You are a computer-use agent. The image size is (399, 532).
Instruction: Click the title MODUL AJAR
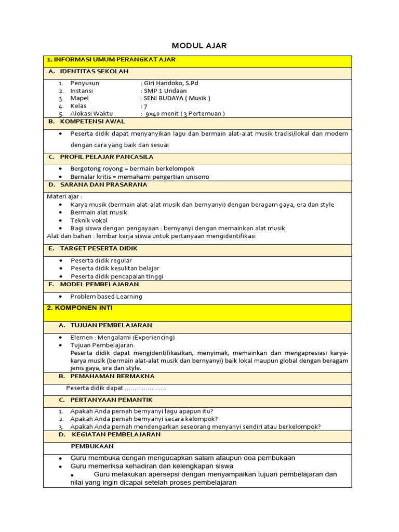[x=199, y=46]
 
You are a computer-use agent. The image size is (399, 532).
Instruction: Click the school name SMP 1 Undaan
[x=165, y=90]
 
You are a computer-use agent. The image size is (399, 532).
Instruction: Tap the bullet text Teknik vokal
[x=89, y=220]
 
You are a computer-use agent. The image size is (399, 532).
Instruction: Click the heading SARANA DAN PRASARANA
[x=103, y=184]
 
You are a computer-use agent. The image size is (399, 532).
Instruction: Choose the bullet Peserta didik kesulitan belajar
[x=115, y=269]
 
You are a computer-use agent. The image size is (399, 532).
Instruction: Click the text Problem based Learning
[x=106, y=297]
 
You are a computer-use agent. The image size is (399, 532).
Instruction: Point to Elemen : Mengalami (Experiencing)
[x=123, y=337]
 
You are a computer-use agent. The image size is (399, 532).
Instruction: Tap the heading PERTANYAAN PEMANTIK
[x=105, y=400]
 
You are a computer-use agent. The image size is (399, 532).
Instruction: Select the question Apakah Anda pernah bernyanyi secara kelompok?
[x=144, y=419]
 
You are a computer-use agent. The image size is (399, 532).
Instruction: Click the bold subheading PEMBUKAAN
[x=92, y=446]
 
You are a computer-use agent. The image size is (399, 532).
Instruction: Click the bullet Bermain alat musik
[x=99, y=212]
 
